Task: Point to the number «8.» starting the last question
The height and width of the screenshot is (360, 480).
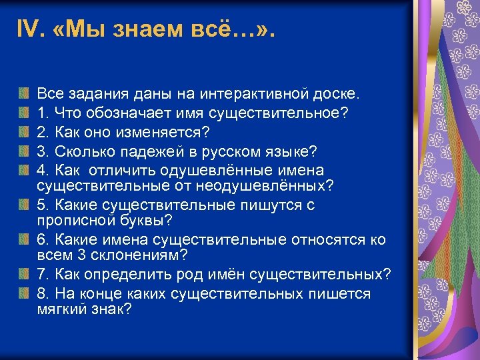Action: [43, 293]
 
